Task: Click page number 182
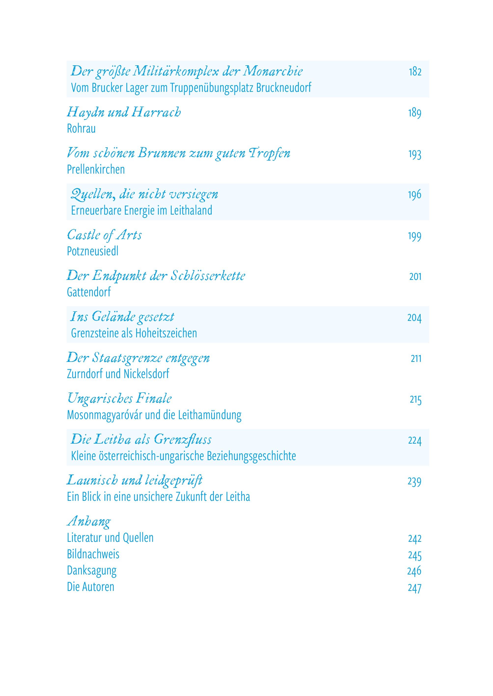(415, 72)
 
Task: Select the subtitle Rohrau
(81, 129)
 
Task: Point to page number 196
(414, 195)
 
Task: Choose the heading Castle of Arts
(104, 235)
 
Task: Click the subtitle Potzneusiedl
(93, 251)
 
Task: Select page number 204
(414, 318)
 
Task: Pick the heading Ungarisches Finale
(119, 398)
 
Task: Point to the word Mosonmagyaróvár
(104, 415)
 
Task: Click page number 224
(415, 440)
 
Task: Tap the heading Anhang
(89, 521)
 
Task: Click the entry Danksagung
(91, 571)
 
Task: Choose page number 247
(415, 588)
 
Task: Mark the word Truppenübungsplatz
(211, 88)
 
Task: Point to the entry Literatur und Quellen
(110, 538)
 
